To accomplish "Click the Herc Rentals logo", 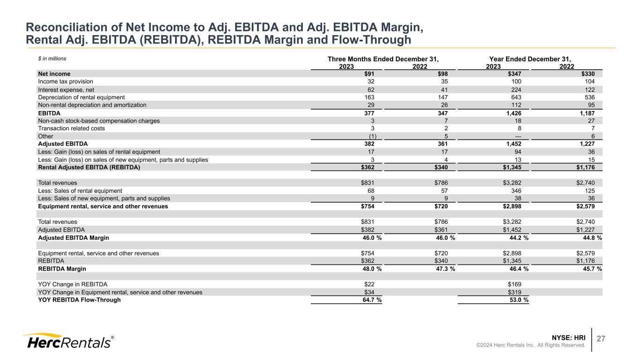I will (68, 341).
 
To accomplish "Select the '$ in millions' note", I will (52, 59).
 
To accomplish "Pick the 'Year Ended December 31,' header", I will (530, 59).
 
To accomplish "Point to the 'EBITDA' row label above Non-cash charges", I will (49, 113).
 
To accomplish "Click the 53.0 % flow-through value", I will (518, 300).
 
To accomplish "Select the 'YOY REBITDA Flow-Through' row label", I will (79, 300).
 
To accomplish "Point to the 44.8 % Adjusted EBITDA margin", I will (591, 238).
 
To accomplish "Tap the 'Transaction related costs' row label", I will (72, 128).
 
